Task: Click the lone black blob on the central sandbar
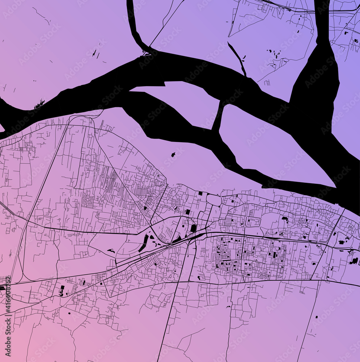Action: pyautogui.click(x=173, y=155)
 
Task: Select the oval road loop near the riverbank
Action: pyautogui.click(x=213, y=200)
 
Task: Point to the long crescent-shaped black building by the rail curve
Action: pyautogui.click(x=143, y=243)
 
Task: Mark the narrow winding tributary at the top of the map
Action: pyautogui.click(x=134, y=25)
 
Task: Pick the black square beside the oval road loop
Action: pyautogui.click(x=200, y=194)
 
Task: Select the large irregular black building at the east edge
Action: pyautogui.click(x=353, y=261)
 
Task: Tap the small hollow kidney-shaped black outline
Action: pyautogui.click(x=111, y=251)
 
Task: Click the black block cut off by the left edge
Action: pyautogui.click(x=2, y=288)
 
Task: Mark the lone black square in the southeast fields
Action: pyautogui.click(x=316, y=317)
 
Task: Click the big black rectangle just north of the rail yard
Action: pyautogui.click(x=194, y=228)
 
